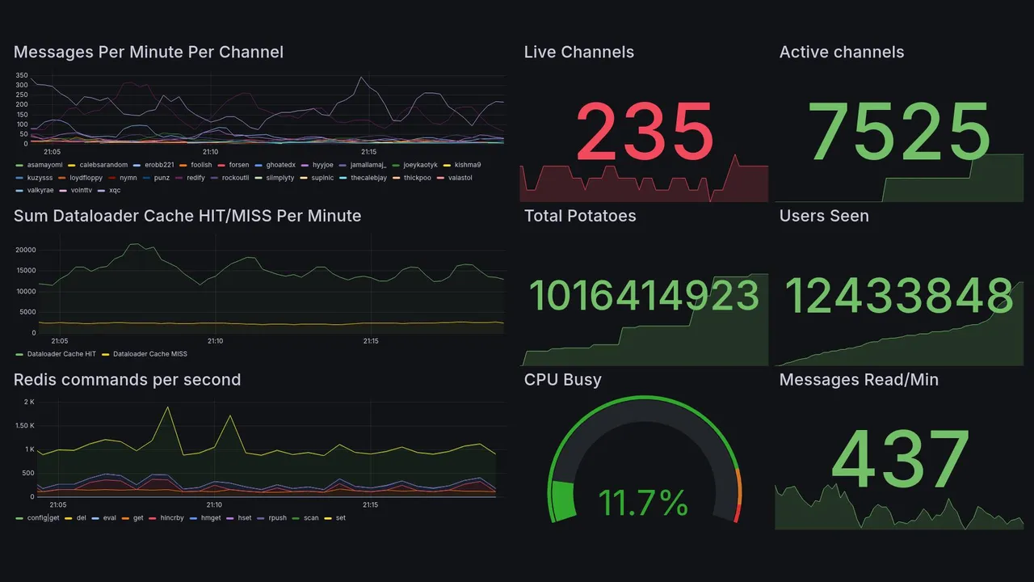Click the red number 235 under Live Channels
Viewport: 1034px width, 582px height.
tap(644, 131)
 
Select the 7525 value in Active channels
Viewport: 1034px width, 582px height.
tap(899, 131)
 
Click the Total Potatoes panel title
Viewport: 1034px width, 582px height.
tap(580, 216)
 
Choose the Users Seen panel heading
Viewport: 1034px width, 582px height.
tap(824, 216)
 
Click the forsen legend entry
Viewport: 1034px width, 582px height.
tap(239, 165)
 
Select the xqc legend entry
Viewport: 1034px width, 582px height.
tap(114, 190)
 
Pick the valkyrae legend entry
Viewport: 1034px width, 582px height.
tap(40, 190)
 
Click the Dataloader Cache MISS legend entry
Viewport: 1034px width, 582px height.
tap(149, 354)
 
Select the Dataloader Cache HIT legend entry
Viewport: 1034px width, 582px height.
tap(61, 354)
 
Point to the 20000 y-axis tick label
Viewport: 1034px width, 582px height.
tap(25, 250)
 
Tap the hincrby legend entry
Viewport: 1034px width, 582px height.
tap(171, 517)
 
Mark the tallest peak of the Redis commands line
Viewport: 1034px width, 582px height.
tap(167, 407)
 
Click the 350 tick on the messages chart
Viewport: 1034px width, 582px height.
tap(22, 75)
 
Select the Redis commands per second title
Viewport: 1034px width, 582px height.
tap(127, 380)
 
